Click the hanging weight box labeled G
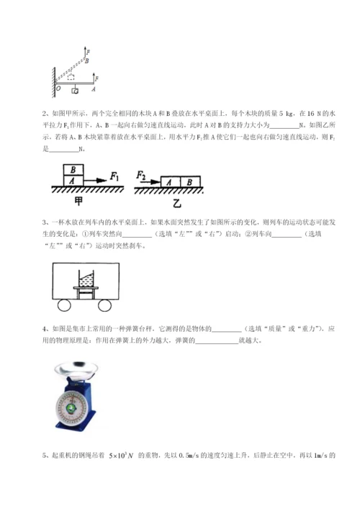pyautogui.click(x=75, y=91)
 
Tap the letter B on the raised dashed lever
pyautogui.click(x=87, y=62)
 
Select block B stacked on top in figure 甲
pyautogui.click(x=73, y=169)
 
